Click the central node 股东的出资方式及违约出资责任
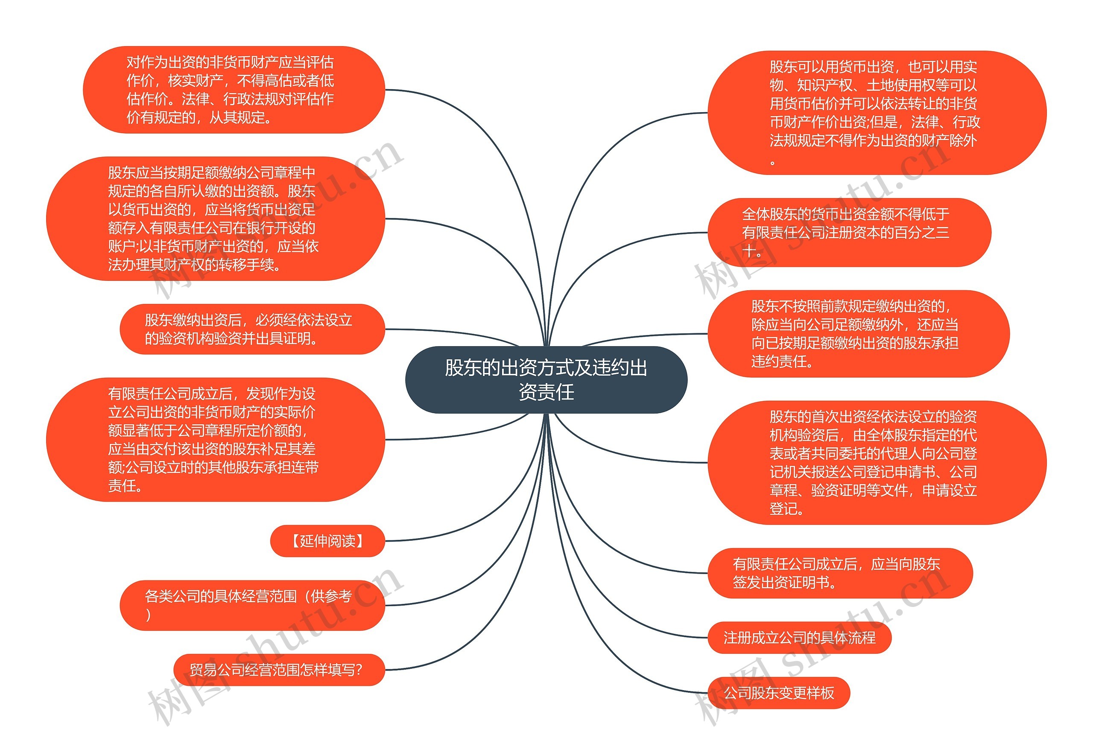pos(546,379)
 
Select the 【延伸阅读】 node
pos(327,541)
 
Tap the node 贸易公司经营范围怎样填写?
pos(279,669)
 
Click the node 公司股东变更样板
pos(778,693)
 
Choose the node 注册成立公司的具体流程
pos(799,637)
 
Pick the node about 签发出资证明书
pos(839,573)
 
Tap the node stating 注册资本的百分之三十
pos(849,232)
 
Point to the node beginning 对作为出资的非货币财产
pos(234,89)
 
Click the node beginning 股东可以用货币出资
pos(876,113)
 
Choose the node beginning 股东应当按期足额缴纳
pos(215,219)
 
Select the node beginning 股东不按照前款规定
pos(858,333)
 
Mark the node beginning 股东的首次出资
pos(876,462)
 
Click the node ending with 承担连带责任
pos(215,440)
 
